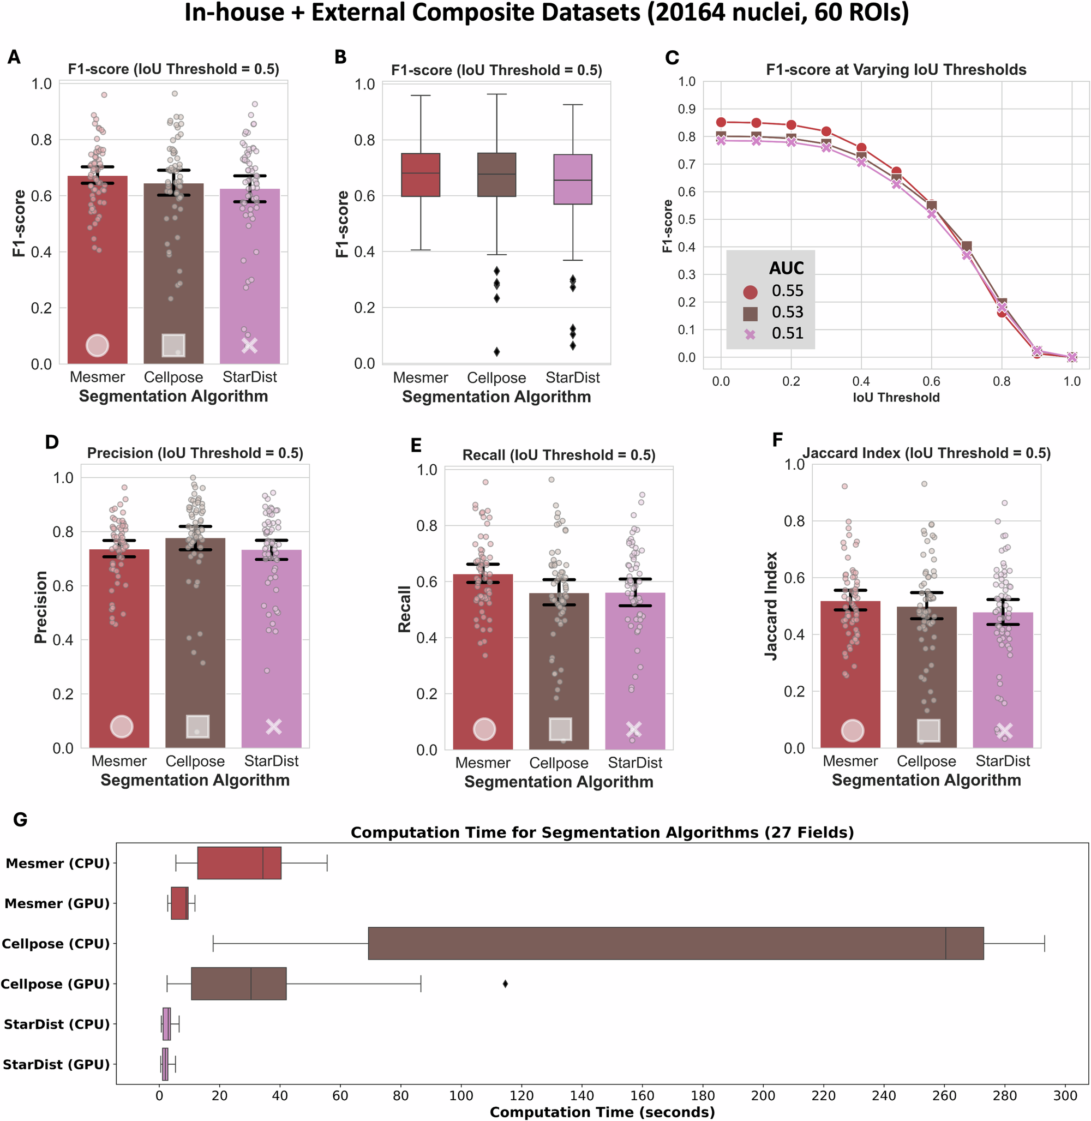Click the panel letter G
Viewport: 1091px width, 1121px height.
click(x=20, y=819)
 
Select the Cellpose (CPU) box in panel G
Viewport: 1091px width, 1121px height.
click(x=675, y=943)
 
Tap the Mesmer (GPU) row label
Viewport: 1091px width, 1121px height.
click(x=57, y=903)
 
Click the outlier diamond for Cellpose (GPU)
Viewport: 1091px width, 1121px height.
click(x=505, y=984)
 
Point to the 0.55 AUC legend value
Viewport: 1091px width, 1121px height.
click(x=787, y=291)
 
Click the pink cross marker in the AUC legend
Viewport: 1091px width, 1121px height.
click(x=750, y=334)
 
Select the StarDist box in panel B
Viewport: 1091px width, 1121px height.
click(x=572, y=179)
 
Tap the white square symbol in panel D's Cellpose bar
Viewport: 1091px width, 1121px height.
click(x=197, y=727)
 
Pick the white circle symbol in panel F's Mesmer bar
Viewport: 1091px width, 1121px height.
click(x=852, y=731)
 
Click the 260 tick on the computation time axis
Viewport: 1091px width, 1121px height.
click(x=944, y=1095)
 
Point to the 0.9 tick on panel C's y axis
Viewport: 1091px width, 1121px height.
click(x=686, y=109)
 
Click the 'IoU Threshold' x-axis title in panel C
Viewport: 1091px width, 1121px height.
click(x=896, y=397)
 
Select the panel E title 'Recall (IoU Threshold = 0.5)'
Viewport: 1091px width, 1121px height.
click(x=559, y=455)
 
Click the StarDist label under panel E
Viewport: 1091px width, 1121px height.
click(x=635, y=763)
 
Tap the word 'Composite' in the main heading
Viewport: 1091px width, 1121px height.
click(x=476, y=13)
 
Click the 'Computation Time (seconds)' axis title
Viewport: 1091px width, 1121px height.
click(x=602, y=1112)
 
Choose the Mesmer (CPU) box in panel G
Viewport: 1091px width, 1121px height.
click(x=239, y=862)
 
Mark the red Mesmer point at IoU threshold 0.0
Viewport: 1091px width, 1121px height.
click(x=721, y=122)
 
